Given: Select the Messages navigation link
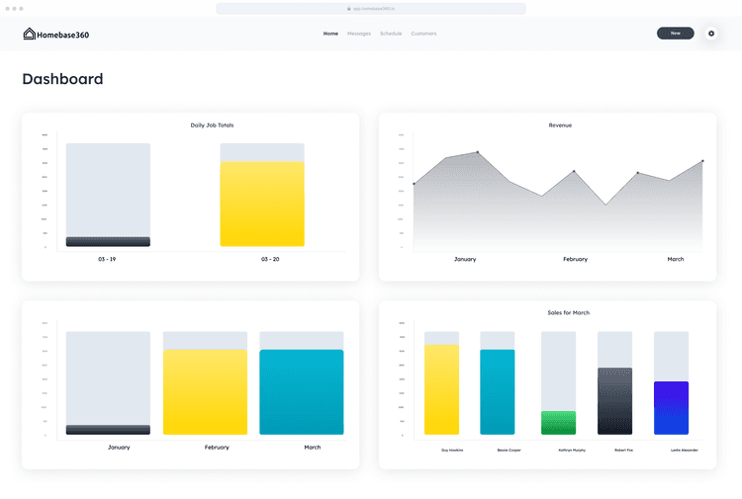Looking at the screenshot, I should tap(359, 34).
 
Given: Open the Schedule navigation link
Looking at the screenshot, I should tap(391, 34).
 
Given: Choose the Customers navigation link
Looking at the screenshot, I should tap(423, 34).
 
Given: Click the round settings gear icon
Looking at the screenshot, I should tap(710, 34).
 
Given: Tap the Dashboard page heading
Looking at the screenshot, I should tap(62, 79).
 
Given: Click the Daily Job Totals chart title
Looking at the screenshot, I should tap(212, 125).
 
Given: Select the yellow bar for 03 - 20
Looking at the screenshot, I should tap(262, 204).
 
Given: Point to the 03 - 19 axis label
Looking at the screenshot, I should tap(107, 259).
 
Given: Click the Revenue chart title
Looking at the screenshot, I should tap(560, 125).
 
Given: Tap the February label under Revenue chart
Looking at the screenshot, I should tap(575, 259).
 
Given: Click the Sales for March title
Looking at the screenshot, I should tap(568, 313).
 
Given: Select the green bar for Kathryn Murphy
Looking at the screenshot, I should tap(558, 423).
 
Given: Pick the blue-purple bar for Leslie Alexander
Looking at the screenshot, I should tap(671, 408).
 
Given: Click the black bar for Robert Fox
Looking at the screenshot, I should tap(614, 401).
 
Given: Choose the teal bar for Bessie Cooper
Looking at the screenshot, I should tap(498, 391).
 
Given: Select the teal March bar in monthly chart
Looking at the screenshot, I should tap(302, 391).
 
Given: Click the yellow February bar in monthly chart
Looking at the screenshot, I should tap(205, 391).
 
